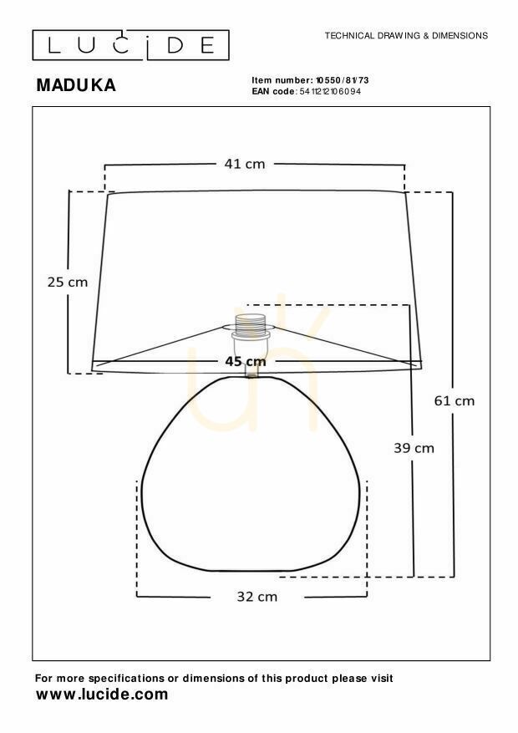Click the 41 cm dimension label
pos(244,164)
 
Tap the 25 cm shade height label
pos(68,283)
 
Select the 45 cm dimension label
pos(246,361)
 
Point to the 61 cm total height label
pos(454,401)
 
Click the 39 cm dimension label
pos(414,448)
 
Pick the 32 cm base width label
pos(256,597)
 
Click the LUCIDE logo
pos(131,45)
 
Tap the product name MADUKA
pos(76,85)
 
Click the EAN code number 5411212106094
pos(330,92)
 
